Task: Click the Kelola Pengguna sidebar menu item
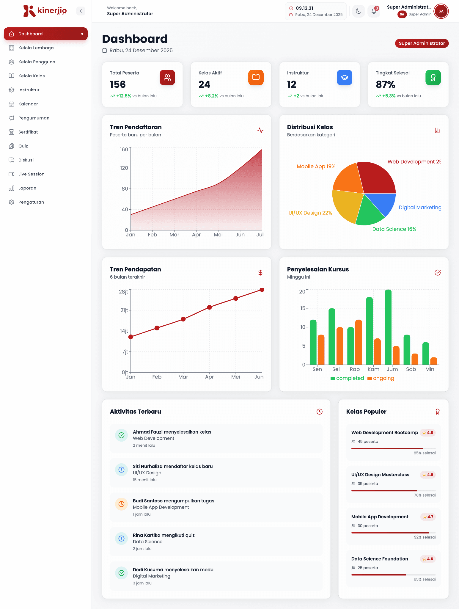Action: [37, 62]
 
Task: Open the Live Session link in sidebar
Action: [31, 174]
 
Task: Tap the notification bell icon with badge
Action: [374, 11]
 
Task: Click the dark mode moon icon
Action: [359, 11]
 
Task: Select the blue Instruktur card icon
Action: [344, 78]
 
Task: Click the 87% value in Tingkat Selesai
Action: [385, 85]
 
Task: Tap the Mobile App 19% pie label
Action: [316, 167]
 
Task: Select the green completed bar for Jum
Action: [388, 327]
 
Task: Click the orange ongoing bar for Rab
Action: [359, 342]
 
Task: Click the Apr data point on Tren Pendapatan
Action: [209, 307]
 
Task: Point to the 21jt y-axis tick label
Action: [124, 310]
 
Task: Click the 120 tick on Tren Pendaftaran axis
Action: [124, 168]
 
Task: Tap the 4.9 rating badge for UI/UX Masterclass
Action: [428, 475]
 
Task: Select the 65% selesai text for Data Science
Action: [424, 579]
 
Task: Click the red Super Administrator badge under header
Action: [422, 43]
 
